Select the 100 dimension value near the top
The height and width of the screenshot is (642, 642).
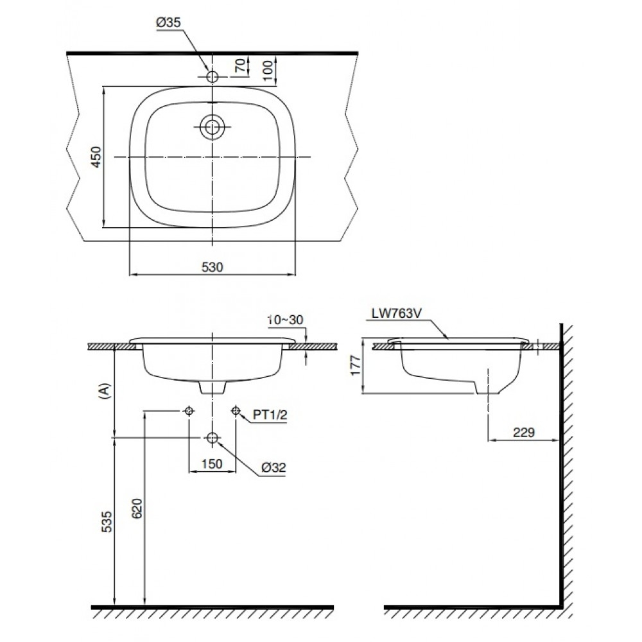[268, 67]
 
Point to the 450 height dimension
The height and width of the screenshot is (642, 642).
[96, 157]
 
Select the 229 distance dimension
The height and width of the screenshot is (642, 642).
[523, 432]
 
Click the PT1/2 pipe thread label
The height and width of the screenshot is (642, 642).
[270, 415]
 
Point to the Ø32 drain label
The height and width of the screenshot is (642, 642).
[274, 469]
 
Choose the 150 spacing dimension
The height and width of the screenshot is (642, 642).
[212, 464]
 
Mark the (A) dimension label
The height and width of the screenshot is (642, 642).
[107, 391]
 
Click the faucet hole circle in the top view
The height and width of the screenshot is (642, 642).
[212, 76]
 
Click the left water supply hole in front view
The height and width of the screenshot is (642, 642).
[188, 411]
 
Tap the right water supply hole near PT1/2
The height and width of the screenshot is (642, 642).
[236, 411]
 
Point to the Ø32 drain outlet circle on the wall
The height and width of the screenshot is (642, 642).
[212, 438]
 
